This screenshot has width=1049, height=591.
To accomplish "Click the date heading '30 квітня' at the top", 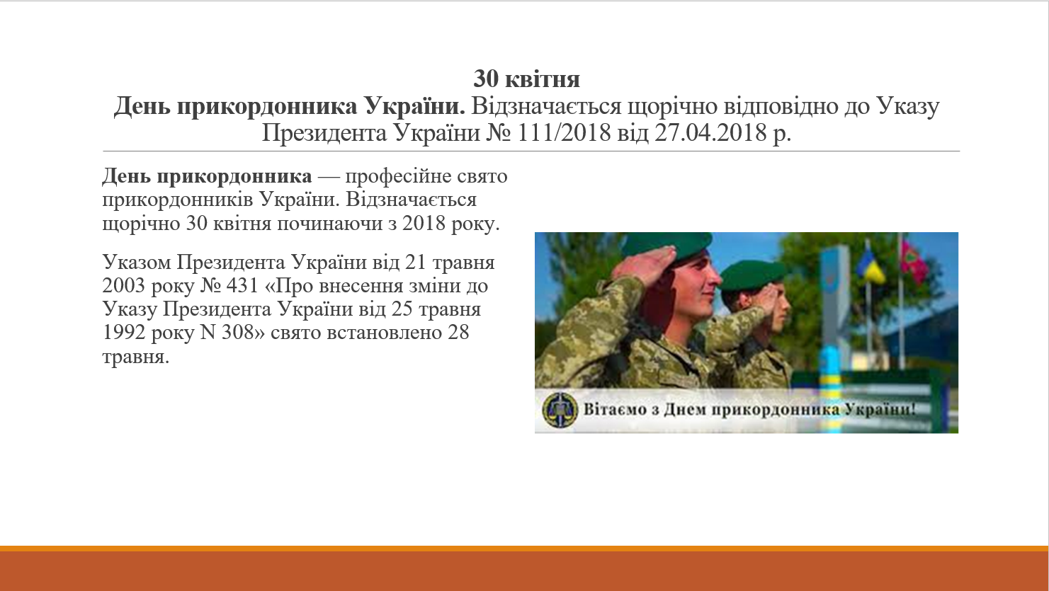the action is pyautogui.click(x=526, y=79).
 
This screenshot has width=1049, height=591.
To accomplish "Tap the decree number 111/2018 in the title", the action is pyautogui.click(x=565, y=133).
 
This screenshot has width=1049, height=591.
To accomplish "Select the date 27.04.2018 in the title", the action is pyautogui.click(x=710, y=133).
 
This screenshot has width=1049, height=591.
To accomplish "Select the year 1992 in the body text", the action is pyautogui.click(x=124, y=333).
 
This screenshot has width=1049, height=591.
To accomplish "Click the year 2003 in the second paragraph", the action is pyautogui.click(x=124, y=285).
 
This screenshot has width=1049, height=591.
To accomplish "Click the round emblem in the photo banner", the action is pyautogui.click(x=560, y=411).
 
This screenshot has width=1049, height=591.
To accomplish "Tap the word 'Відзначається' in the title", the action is pyautogui.click(x=546, y=106).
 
